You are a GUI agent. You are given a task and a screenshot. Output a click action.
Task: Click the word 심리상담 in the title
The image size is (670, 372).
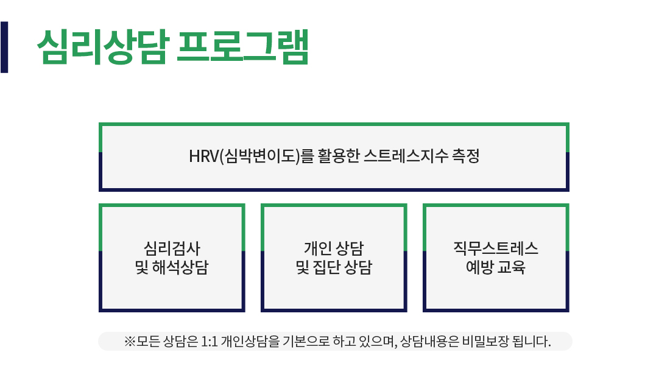pyautogui.click(x=103, y=47)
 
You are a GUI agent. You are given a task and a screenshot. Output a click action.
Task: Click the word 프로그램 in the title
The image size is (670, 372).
pyautogui.click(x=242, y=47)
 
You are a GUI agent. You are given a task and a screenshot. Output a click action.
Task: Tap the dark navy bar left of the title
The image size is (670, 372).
pyautogui.click(x=4, y=47)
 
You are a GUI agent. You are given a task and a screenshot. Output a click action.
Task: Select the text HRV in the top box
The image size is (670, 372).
pyautogui.click(x=204, y=156)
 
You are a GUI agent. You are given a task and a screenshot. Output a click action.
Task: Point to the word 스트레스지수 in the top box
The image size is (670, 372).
pyautogui.click(x=406, y=156)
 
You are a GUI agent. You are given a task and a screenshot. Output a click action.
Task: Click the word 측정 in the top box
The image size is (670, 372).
pyautogui.click(x=466, y=156)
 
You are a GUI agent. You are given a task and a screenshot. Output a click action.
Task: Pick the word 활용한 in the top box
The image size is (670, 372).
pyautogui.click(x=339, y=156)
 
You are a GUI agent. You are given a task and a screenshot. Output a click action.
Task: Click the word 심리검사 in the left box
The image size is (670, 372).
pyautogui.click(x=172, y=248)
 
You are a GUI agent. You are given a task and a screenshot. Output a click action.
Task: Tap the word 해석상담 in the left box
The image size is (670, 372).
pyautogui.click(x=180, y=267)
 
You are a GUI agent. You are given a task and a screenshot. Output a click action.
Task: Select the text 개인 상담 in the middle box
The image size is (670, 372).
pyautogui.click(x=334, y=248)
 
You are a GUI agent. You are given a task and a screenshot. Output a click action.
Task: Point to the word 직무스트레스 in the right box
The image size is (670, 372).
pyautogui.click(x=496, y=248)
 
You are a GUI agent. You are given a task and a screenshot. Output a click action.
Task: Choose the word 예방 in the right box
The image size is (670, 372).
pyautogui.click(x=479, y=267)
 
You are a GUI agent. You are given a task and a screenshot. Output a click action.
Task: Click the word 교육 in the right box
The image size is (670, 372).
pyautogui.click(x=512, y=267)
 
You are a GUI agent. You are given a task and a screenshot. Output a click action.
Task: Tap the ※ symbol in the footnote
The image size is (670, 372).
pyautogui.click(x=130, y=342)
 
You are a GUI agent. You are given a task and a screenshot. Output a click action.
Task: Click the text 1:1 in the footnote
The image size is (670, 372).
pyautogui.click(x=210, y=342)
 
